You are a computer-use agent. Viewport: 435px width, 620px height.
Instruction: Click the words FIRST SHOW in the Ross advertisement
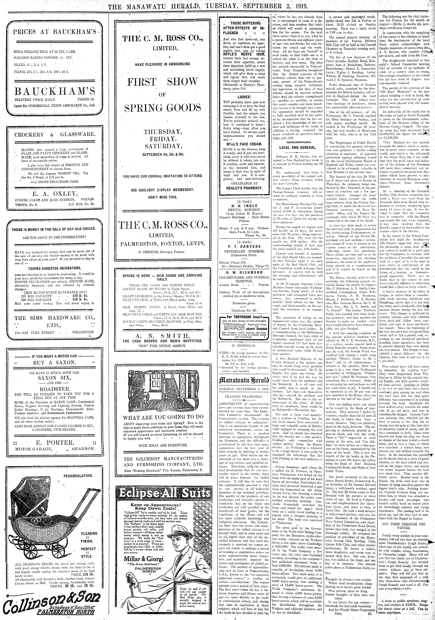(162, 82)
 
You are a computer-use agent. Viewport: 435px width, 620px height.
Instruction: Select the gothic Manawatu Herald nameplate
(244, 380)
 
